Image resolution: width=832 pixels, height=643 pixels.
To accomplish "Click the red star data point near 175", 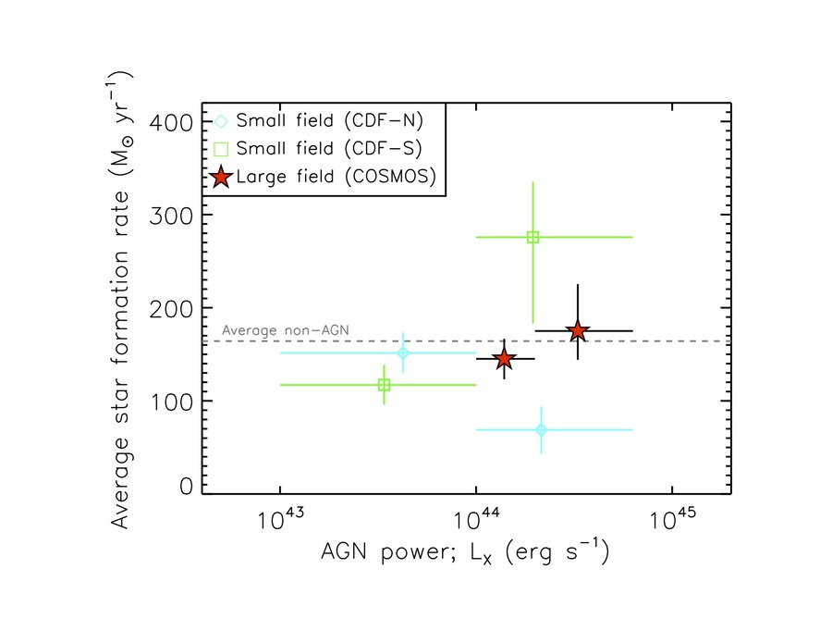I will point(578,330).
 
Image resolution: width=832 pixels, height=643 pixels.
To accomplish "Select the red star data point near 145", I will point(504,359).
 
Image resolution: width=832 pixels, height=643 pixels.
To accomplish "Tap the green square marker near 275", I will point(532,237).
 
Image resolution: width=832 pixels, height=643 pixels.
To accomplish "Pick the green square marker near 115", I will point(384,385).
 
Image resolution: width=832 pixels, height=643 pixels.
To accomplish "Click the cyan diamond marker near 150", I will point(403,352).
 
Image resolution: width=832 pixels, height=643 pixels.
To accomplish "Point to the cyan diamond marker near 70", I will point(541,429).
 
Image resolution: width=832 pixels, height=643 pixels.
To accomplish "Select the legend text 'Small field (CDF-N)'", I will point(329,120).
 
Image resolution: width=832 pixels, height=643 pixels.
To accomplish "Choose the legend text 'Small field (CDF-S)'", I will point(329,148).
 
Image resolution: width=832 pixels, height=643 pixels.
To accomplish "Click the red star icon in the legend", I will point(220,177).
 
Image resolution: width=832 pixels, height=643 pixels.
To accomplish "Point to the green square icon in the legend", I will point(220,148).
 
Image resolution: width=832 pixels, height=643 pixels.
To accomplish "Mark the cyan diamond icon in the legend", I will point(220,120).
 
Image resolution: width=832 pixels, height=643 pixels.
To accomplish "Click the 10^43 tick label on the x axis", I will point(279,519).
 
